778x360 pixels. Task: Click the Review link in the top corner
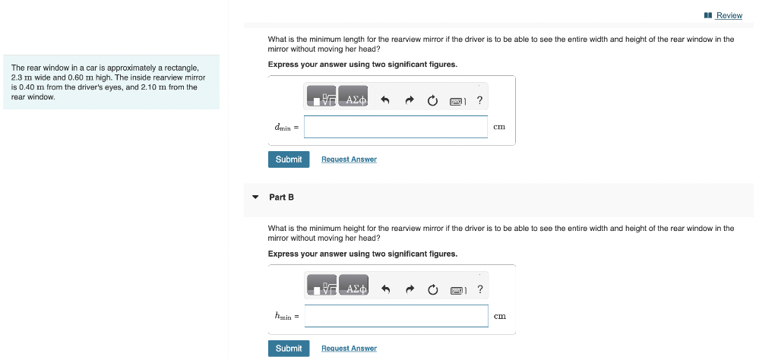pos(729,15)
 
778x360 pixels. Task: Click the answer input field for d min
pos(395,127)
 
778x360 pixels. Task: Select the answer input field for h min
pos(396,316)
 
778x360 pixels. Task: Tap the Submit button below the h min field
pos(289,348)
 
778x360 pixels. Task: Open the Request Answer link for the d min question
pos(349,159)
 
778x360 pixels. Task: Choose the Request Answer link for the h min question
pos(349,349)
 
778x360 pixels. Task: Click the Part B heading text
pos(281,197)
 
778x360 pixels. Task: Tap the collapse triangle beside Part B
pos(255,197)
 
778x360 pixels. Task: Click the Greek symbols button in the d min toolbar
pos(353,99)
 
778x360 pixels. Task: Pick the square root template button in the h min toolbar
pos(322,289)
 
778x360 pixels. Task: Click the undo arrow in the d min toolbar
pos(385,100)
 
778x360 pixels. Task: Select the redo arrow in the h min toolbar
pos(410,289)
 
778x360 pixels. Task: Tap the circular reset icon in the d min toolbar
pos(432,100)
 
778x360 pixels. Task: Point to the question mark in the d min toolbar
pos(479,99)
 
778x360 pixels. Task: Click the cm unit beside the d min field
pos(499,127)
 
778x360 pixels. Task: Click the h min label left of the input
pos(286,316)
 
